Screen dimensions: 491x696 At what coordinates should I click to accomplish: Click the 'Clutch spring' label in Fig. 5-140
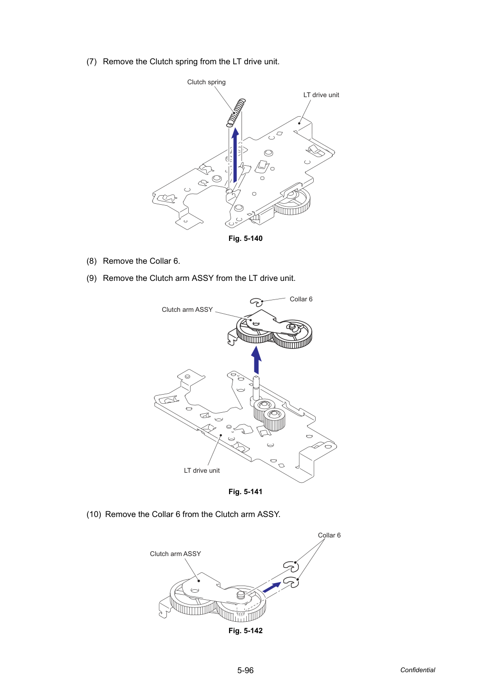point(206,82)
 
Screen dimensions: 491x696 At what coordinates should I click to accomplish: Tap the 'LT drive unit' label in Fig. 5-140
point(321,95)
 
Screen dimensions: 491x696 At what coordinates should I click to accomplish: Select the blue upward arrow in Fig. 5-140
point(235,154)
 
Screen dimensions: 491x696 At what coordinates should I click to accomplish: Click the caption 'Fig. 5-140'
point(245,239)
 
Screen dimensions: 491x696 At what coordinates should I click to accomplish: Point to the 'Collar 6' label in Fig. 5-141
point(301,299)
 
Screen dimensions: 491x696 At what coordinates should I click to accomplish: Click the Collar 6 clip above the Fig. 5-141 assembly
point(256,302)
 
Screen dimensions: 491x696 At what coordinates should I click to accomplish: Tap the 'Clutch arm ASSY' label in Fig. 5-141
point(187,309)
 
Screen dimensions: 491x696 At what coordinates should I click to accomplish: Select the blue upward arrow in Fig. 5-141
point(256,360)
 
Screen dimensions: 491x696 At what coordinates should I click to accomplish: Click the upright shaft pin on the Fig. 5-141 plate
point(256,388)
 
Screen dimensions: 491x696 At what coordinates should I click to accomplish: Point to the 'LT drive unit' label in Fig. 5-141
point(202,470)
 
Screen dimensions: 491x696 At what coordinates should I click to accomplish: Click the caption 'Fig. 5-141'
point(245,492)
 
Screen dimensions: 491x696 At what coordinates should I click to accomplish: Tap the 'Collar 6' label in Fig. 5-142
point(329,535)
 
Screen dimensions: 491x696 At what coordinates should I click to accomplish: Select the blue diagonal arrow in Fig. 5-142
point(272,587)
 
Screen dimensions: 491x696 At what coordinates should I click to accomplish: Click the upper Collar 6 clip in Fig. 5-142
point(291,567)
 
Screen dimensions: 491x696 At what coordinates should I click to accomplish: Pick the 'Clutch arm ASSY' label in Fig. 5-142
point(175,554)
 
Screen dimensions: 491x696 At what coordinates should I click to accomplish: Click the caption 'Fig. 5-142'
point(245,630)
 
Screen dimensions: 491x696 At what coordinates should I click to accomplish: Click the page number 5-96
point(245,670)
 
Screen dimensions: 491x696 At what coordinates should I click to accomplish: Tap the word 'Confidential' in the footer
point(417,670)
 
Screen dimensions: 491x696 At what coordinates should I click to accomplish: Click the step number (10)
point(94,514)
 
